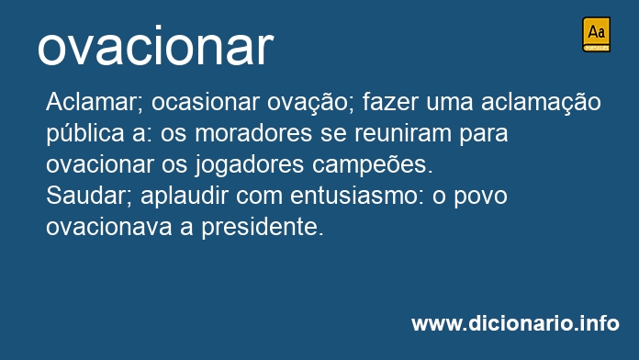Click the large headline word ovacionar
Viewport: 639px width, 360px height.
pyautogui.click(x=155, y=46)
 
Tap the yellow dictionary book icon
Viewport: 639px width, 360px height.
pyautogui.click(x=596, y=34)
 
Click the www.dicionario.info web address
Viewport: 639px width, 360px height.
pyautogui.click(x=515, y=323)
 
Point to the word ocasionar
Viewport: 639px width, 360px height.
pyautogui.click(x=206, y=102)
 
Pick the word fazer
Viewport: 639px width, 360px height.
pyautogui.click(x=390, y=102)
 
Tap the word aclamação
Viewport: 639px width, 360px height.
pyautogui.click(x=541, y=103)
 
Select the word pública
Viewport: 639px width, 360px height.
pyautogui.click(x=85, y=134)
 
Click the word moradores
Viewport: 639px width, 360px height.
pyautogui.click(x=253, y=133)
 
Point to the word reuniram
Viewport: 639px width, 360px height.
pyautogui.click(x=403, y=133)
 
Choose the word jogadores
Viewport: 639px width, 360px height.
pyautogui.click(x=250, y=165)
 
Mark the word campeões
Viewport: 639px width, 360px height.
pyautogui.click(x=373, y=165)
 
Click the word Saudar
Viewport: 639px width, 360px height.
pyautogui.click(x=89, y=197)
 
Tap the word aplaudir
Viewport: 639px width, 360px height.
pyautogui.click(x=185, y=197)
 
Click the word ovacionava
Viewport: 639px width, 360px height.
pyautogui.click(x=109, y=228)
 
